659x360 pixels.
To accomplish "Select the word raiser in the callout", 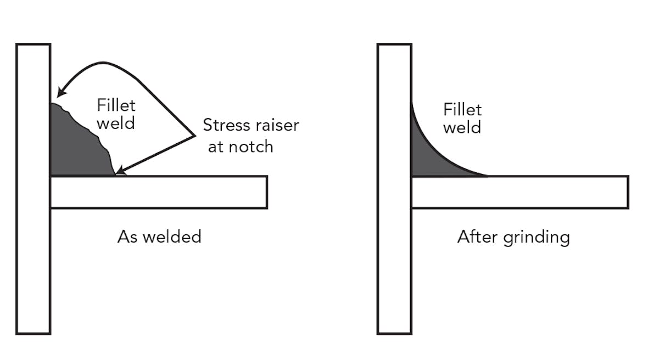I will pyautogui.click(x=276, y=125).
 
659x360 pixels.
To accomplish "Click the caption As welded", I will pyautogui.click(x=159, y=237).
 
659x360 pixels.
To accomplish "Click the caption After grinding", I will pyautogui.click(x=513, y=237).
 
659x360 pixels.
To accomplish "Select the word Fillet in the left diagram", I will pyautogui.click(x=116, y=105).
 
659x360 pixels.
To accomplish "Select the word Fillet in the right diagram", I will pyautogui.click(x=462, y=110).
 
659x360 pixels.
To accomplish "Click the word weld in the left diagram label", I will pyautogui.click(x=116, y=123).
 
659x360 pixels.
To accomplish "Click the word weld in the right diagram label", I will pyautogui.click(x=462, y=127).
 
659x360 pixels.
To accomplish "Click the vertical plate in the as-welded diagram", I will pyautogui.click(x=33, y=247).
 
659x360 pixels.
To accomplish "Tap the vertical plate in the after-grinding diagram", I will pyautogui.click(x=394, y=247).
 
